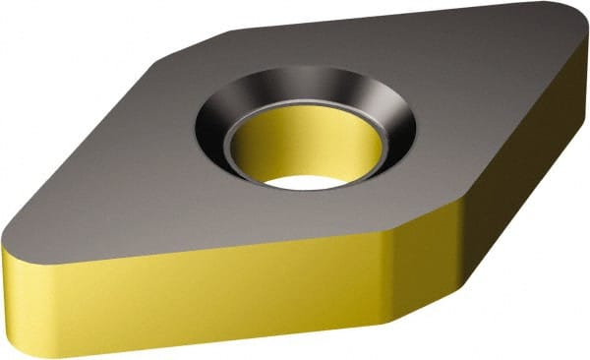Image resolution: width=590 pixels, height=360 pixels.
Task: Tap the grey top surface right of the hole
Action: (472, 108)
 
